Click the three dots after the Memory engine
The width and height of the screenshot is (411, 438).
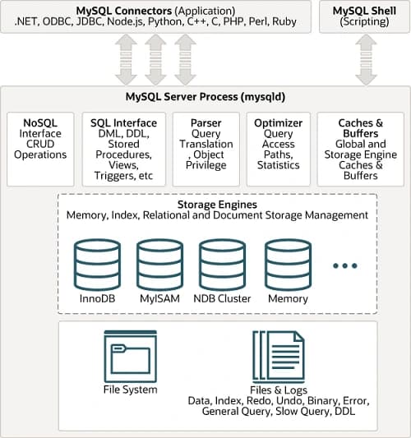345,265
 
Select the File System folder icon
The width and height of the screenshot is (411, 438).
131,356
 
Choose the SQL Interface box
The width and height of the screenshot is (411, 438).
123,148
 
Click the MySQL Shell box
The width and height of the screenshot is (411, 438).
363,16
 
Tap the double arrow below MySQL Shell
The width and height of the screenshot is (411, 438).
363,59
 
